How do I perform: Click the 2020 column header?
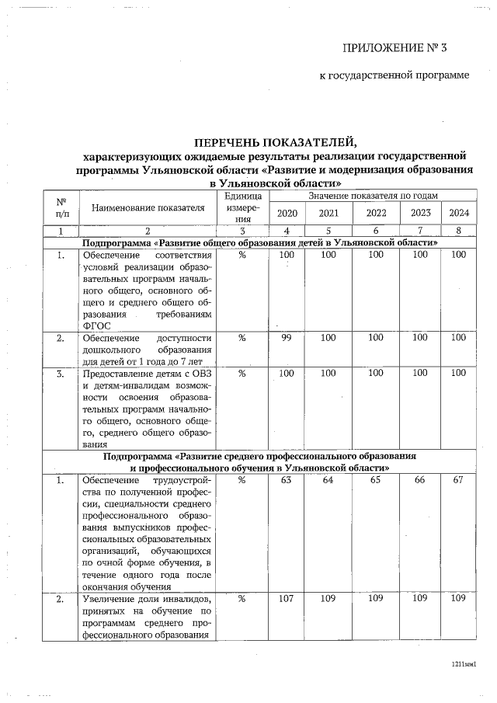pyautogui.click(x=287, y=214)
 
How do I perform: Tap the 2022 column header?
pyautogui.click(x=377, y=214)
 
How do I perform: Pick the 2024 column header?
pyautogui.click(x=458, y=214)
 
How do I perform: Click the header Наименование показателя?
pyautogui.click(x=148, y=207)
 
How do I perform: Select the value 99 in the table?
pyautogui.click(x=287, y=338)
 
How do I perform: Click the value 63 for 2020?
pyautogui.click(x=287, y=481)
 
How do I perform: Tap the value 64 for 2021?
pyautogui.click(x=328, y=481)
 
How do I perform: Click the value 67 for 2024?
pyautogui.click(x=458, y=481)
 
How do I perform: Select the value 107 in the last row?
pyautogui.click(x=287, y=599)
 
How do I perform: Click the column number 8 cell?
pyautogui.click(x=458, y=231)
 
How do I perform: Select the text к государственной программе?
pyautogui.click(x=394, y=75)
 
